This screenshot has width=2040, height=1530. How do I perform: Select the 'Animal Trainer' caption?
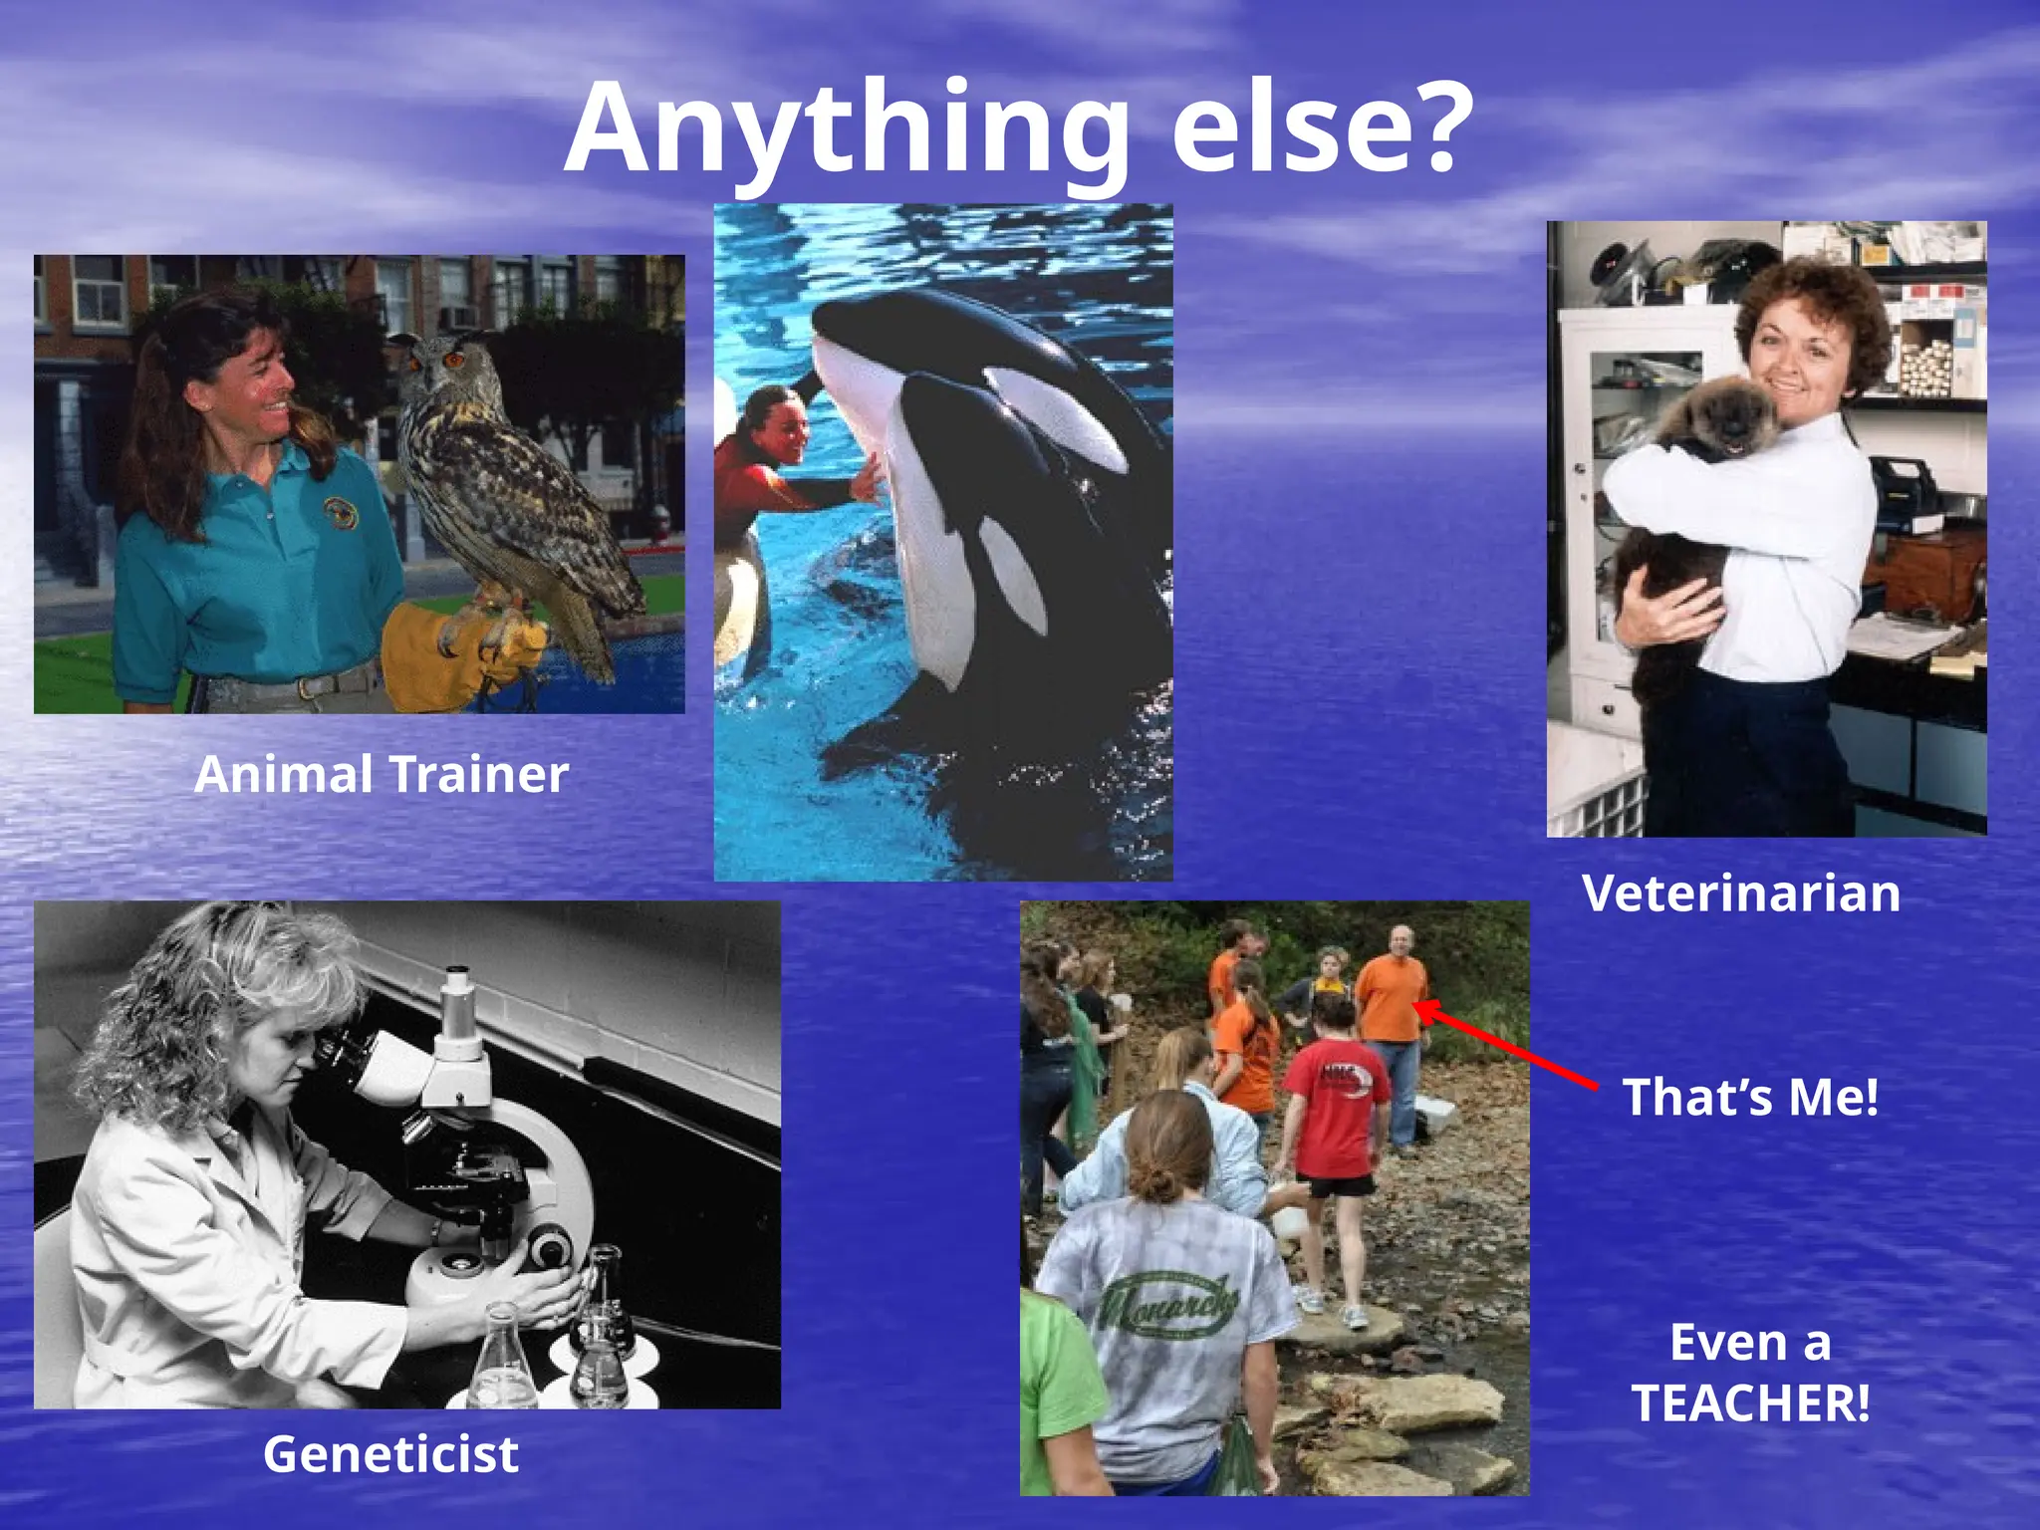[382, 774]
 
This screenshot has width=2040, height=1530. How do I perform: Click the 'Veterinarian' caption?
[1741, 892]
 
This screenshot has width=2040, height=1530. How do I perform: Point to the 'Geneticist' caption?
[390, 1454]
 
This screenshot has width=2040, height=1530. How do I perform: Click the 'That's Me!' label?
[1751, 1097]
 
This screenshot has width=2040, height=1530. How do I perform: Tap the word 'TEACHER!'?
[1751, 1402]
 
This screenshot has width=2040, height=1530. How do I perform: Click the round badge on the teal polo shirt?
[340, 513]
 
